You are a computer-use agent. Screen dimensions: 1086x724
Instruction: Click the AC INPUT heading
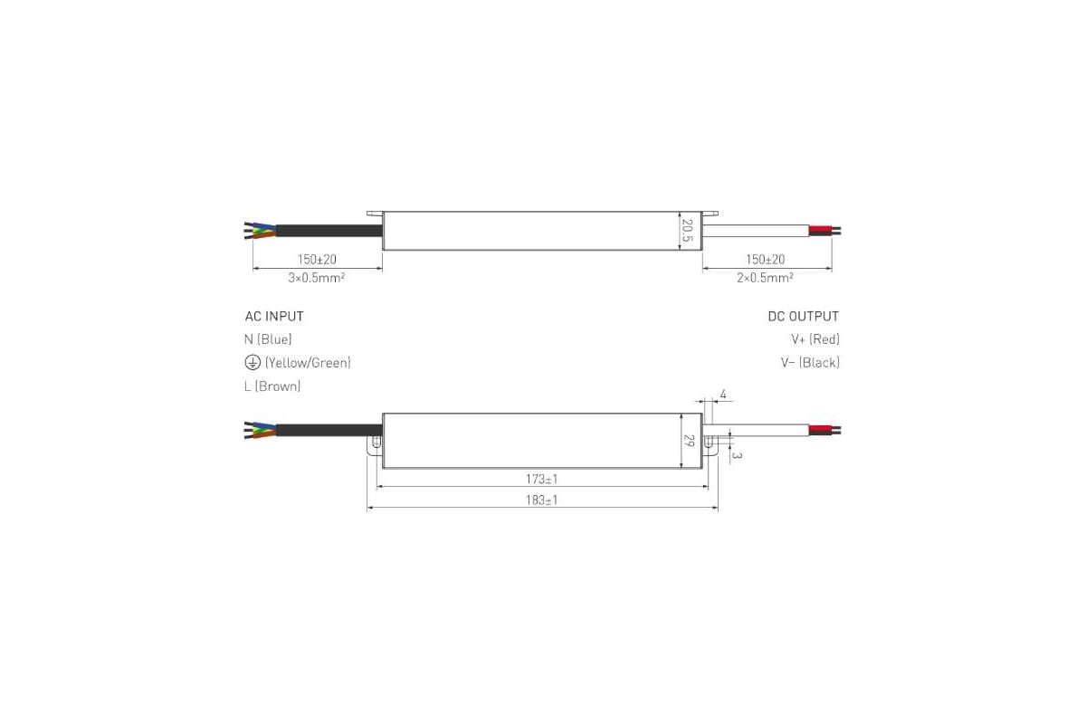(274, 316)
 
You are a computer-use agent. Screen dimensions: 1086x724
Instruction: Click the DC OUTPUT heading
(804, 316)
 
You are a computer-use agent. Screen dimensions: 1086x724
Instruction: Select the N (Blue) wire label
(268, 339)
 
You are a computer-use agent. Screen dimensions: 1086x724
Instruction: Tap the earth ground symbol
(252, 362)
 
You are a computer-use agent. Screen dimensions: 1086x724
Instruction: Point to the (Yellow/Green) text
(308, 362)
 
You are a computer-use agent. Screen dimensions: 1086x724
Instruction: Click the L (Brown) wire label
(272, 386)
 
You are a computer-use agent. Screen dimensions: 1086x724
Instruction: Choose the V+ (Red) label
(815, 339)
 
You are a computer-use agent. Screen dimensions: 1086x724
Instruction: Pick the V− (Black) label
(810, 362)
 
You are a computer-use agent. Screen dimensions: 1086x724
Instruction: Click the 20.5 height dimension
(687, 231)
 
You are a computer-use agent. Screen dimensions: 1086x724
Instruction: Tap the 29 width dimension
(689, 441)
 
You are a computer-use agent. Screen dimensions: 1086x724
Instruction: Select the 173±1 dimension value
(541, 479)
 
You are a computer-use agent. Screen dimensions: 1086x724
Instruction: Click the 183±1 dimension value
(541, 500)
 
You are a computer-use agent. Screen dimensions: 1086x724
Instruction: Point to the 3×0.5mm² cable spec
(317, 277)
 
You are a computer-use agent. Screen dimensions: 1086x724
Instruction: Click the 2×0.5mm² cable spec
(765, 277)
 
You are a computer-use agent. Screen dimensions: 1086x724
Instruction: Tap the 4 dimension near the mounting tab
(723, 395)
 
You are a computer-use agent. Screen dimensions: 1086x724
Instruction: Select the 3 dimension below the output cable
(737, 456)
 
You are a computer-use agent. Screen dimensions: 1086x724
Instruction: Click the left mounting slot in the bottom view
(376, 442)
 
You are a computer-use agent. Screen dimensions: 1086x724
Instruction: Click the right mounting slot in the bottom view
(709, 442)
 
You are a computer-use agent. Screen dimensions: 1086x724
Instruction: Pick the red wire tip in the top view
(820, 228)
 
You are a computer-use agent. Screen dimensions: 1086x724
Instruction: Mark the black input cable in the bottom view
(329, 430)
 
